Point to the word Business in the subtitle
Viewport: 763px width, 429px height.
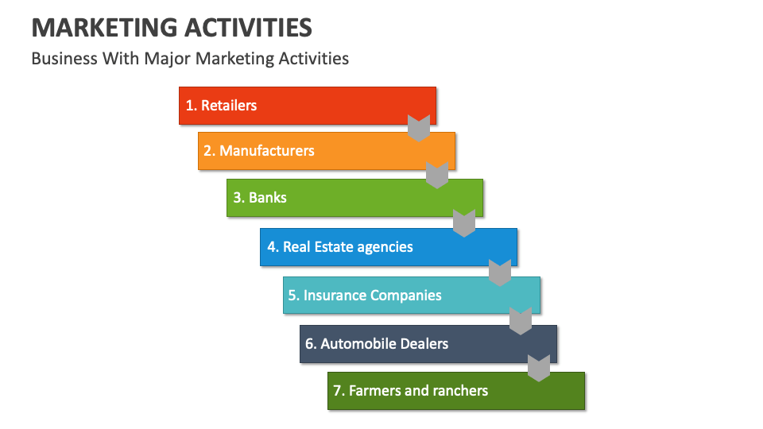click(x=64, y=58)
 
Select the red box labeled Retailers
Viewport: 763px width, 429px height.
click(x=307, y=105)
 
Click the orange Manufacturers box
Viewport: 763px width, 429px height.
click(x=326, y=151)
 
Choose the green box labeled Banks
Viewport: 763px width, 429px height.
click(x=354, y=198)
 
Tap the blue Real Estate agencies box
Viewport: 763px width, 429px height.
click(x=388, y=247)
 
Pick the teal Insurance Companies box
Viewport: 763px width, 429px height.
click(x=412, y=295)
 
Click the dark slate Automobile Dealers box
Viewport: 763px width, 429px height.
click(x=428, y=343)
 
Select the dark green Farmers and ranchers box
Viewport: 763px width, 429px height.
click(x=455, y=391)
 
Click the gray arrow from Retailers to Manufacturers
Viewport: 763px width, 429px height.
click(x=419, y=128)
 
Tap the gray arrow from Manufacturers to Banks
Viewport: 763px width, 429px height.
click(x=437, y=174)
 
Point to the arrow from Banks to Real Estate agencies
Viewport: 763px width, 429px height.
click(x=464, y=223)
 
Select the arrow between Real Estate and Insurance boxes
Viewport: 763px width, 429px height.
click(x=500, y=272)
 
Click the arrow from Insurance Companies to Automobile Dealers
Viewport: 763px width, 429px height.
click(x=521, y=320)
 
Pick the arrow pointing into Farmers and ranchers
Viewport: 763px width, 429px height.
click(x=540, y=368)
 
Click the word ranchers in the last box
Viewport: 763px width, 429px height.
click(x=459, y=391)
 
